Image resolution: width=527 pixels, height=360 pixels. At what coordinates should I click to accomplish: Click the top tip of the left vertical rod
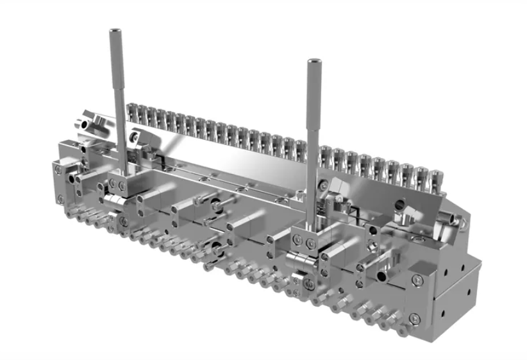[115, 31]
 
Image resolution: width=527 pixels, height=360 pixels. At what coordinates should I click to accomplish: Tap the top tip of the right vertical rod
[314, 62]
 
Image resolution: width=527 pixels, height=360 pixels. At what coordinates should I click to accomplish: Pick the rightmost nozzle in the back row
[435, 179]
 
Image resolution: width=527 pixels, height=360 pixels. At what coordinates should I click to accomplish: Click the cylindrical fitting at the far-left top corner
[84, 121]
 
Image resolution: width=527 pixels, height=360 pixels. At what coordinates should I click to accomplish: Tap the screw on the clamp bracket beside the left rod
[134, 137]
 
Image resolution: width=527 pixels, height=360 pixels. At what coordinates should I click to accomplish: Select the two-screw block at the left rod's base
[117, 185]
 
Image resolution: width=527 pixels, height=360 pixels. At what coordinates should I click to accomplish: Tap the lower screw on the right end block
[415, 317]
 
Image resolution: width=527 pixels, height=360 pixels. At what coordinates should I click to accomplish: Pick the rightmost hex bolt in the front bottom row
[402, 330]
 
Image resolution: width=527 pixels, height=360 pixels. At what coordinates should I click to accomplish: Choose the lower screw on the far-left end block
[60, 198]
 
